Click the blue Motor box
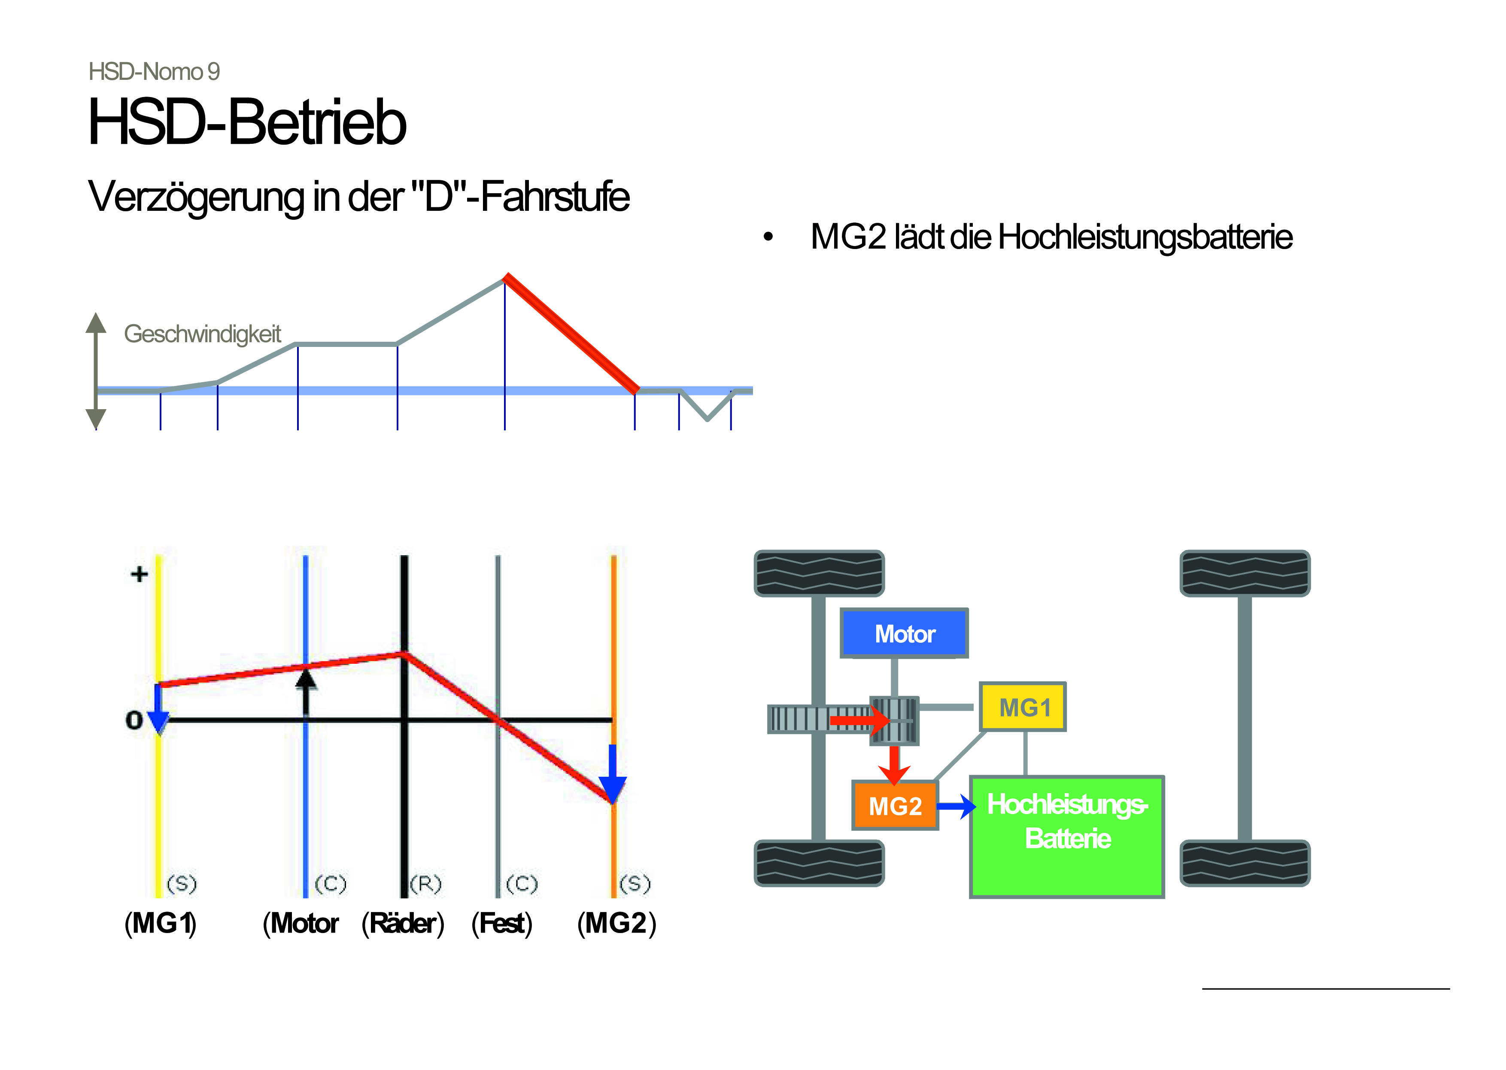(x=904, y=633)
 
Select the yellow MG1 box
(x=1023, y=707)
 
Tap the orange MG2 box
(x=895, y=805)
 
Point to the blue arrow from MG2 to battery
(x=956, y=806)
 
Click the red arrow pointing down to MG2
(x=894, y=764)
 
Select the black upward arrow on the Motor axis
(x=306, y=694)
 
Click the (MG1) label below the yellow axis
(x=161, y=923)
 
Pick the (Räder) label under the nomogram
(x=403, y=923)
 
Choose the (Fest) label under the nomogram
(x=502, y=923)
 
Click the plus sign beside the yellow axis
(x=139, y=574)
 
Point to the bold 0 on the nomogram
(x=134, y=720)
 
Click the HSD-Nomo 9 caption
(x=154, y=71)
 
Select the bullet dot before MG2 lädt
(x=768, y=237)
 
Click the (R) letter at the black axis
(x=425, y=884)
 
